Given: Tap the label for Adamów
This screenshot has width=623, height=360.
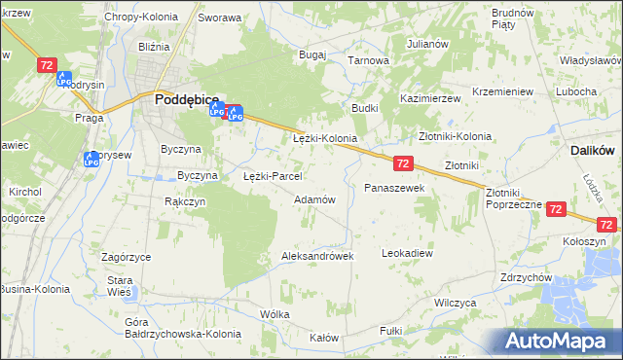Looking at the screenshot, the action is point(314,199).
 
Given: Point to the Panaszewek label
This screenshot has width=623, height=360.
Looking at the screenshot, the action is point(394,187).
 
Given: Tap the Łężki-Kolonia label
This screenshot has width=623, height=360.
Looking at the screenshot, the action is point(325,139).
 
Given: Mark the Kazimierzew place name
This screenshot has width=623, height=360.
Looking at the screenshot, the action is point(430,100).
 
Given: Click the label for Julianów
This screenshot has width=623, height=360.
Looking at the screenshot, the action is point(427,44).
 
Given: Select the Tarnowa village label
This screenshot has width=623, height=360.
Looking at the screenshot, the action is point(369,60).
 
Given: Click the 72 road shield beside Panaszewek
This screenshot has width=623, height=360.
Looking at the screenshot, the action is point(404,163).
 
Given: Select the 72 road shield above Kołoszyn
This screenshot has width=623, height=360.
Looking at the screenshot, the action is point(556,208).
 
